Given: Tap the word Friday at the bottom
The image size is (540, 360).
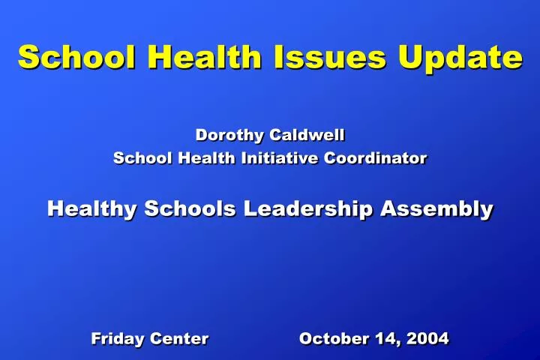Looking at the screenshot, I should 118,339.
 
